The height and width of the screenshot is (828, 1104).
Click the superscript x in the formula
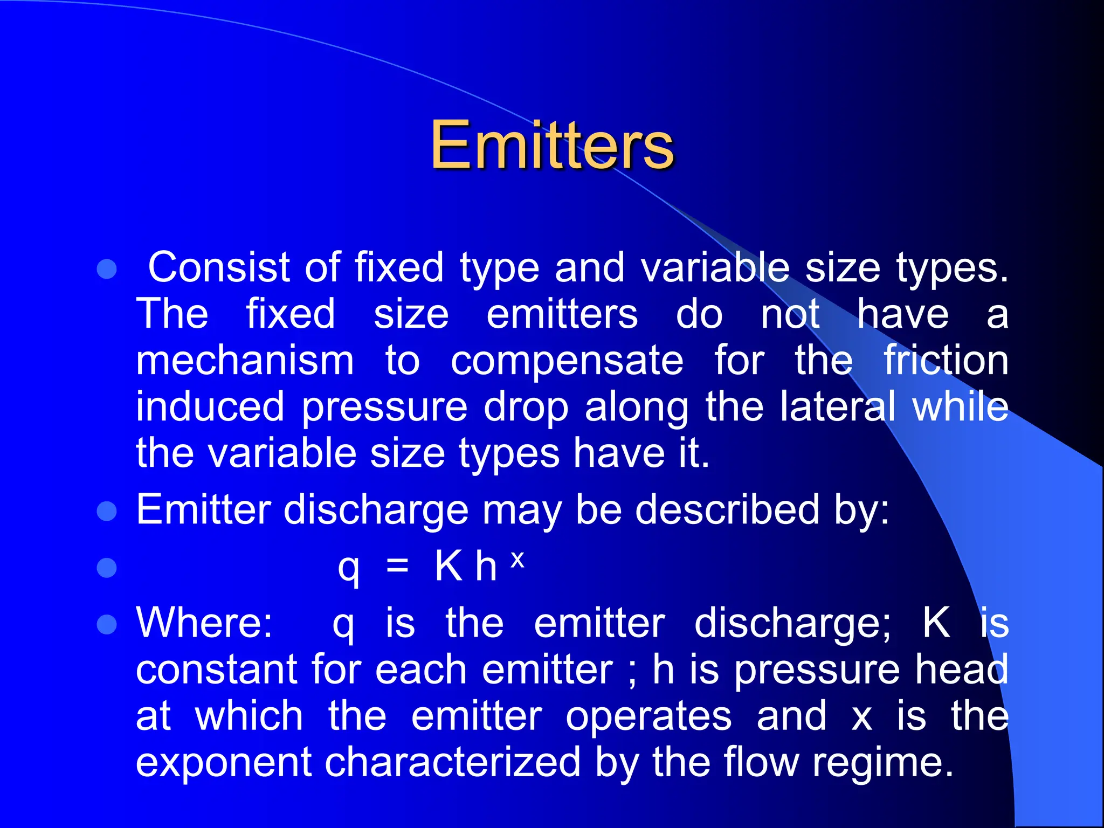click(x=517, y=559)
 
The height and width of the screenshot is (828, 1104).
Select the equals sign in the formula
click(x=397, y=567)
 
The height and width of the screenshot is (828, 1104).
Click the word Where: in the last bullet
click(x=204, y=623)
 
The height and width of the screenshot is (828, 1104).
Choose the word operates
click(x=648, y=717)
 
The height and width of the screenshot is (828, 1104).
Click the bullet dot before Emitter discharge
click(x=107, y=511)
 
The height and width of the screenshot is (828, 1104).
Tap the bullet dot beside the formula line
click(x=107, y=568)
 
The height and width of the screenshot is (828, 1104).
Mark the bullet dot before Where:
click(x=107, y=624)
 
